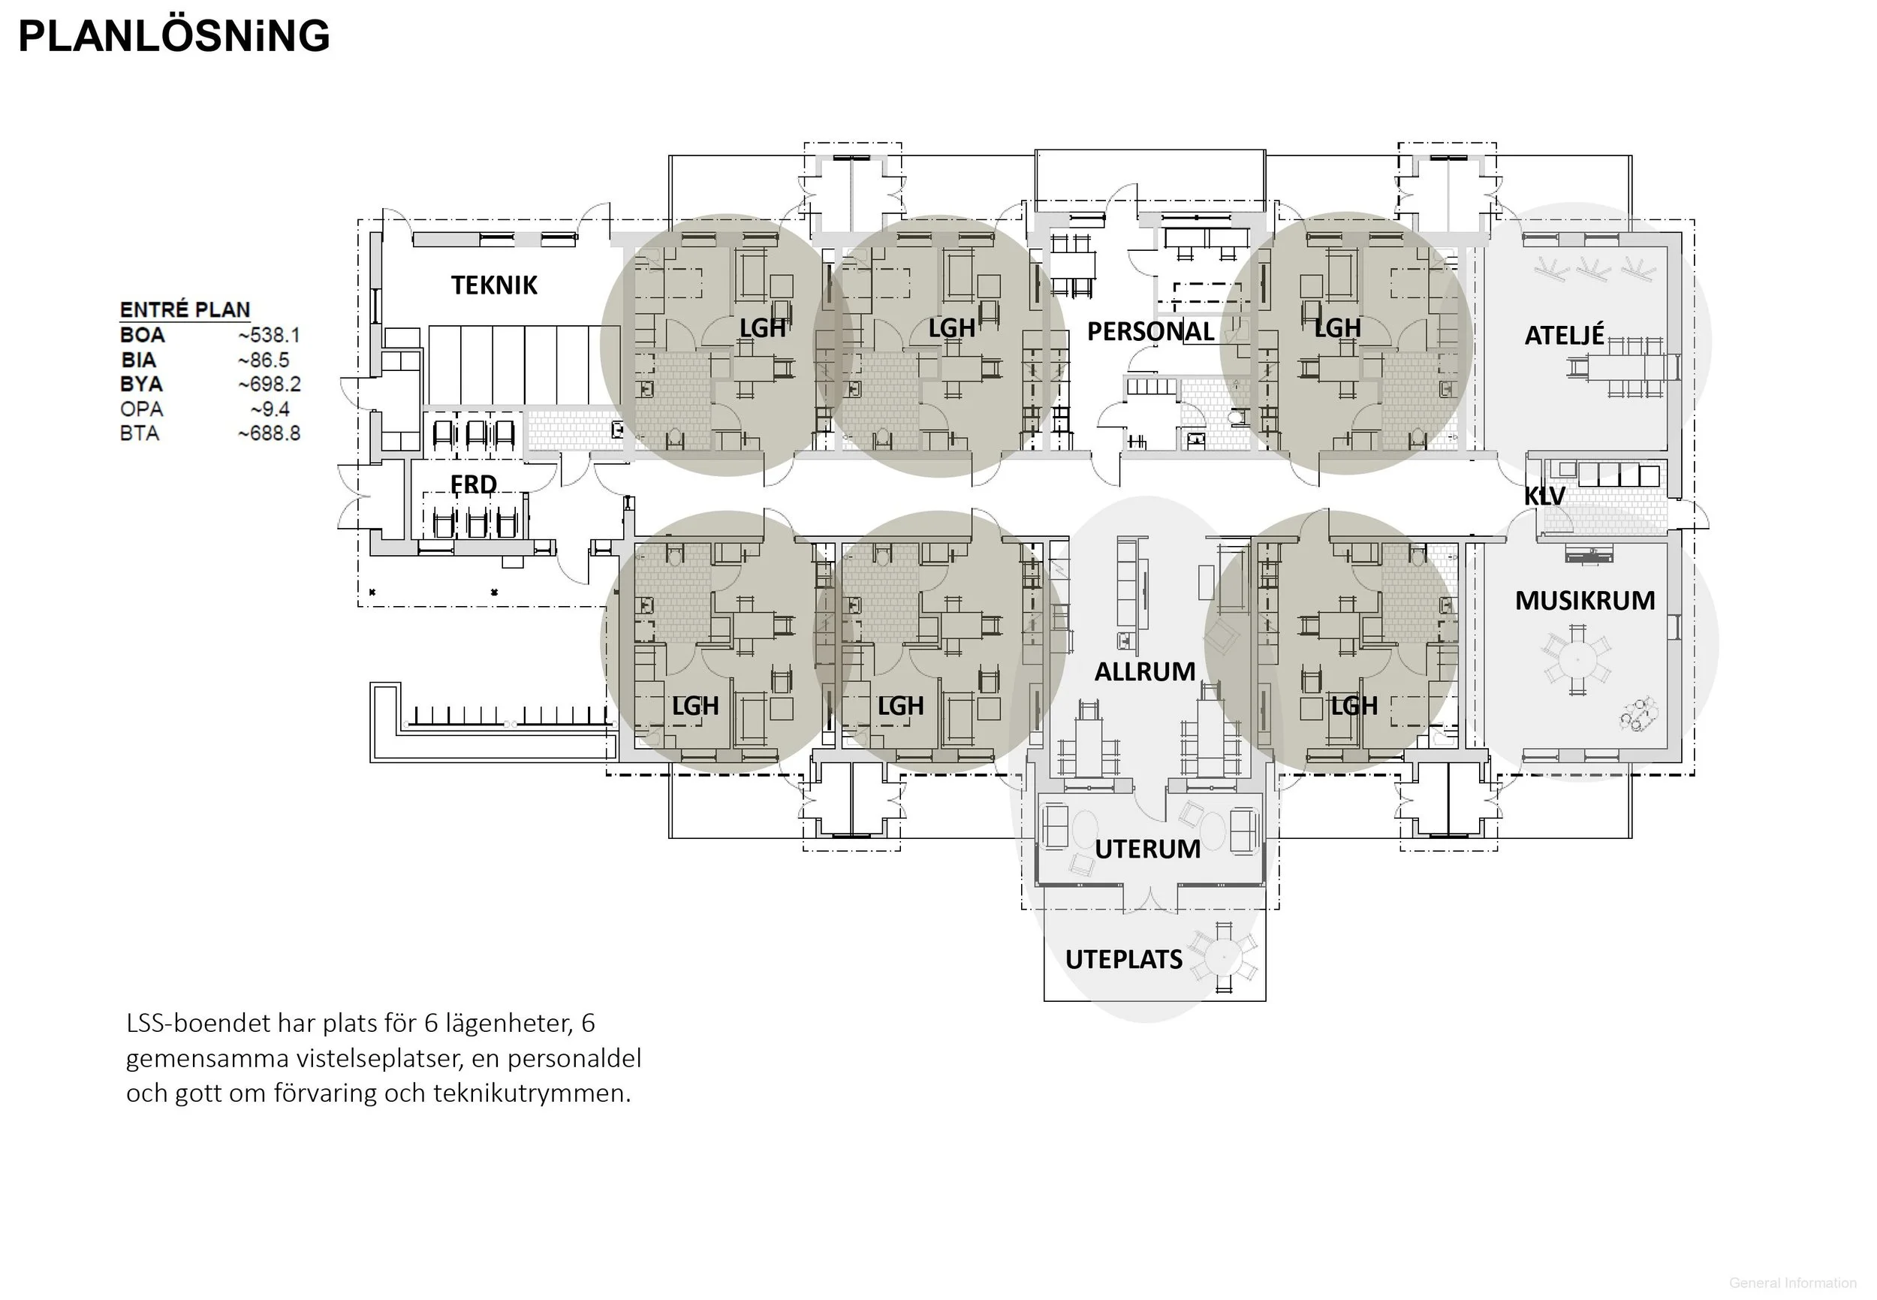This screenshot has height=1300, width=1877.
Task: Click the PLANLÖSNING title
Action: coord(174,36)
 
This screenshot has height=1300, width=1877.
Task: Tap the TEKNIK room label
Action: coord(494,285)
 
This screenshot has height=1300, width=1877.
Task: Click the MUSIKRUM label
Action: coord(1585,600)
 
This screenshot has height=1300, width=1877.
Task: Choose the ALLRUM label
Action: coord(1144,672)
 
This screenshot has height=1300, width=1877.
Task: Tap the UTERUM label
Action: coord(1147,849)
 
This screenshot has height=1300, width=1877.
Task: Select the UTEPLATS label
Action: coord(1124,960)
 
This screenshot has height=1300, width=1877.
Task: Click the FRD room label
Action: coord(473,484)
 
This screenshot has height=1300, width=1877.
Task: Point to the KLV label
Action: coord(1544,495)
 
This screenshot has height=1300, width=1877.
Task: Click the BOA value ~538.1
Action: coord(269,335)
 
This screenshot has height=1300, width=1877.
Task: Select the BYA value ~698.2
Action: coord(269,384)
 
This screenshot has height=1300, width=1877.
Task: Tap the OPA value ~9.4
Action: coord(270,409)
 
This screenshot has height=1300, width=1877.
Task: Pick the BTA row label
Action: coord(139,433)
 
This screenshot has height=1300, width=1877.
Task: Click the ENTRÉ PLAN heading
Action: coord(185,309)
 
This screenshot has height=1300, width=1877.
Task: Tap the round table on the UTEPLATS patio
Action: coord(1222,954)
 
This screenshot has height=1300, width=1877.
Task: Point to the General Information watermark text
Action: coord(1793,1283)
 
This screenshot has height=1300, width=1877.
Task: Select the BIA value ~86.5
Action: coord(263,360)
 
